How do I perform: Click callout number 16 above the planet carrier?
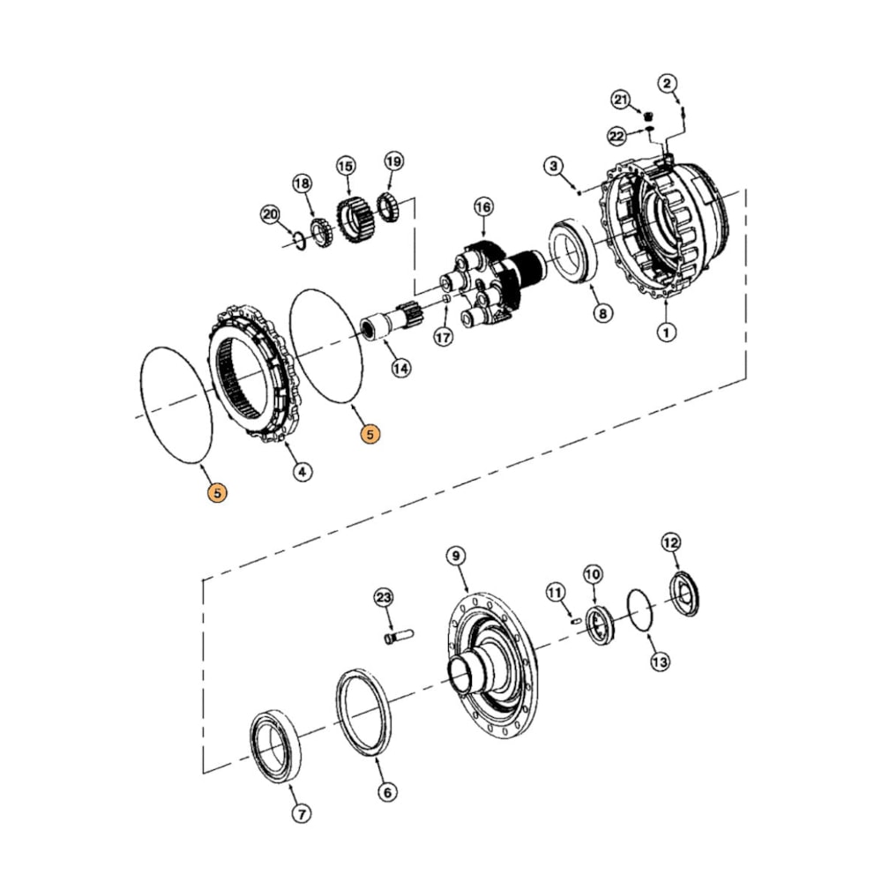[482, 207]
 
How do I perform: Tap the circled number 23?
[382, 598]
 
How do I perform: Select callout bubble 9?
[455, 556]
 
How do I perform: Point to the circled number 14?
[401, 369]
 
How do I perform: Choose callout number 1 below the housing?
[667, 333]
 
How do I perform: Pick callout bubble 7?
[303, 814]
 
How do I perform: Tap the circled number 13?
[660, 661]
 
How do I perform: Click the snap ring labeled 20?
[299, 238]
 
